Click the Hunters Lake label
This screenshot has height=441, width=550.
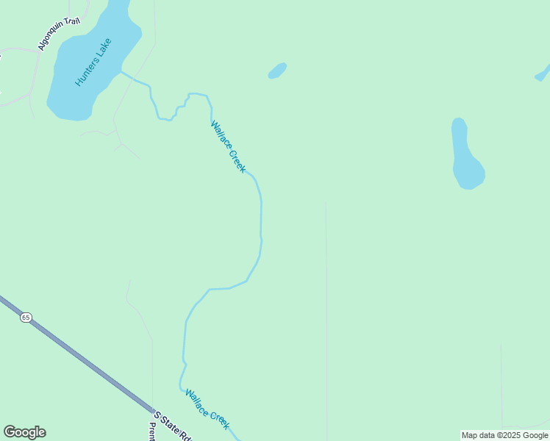pyautogui.click(x=93, y=62)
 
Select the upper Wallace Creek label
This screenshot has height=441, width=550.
pyautogui.click(x=228, y=146)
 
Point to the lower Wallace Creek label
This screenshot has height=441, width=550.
pyautogui.click(x=207, y=409)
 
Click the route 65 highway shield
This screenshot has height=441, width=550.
pyautogui.click(x=26, y=318)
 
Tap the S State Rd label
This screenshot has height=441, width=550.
pyautogui.click(x=173, y=426)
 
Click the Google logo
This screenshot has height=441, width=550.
pyautogui.click(x=24, y=432)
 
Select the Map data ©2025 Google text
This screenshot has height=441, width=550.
pyautogui.click(x=504, y=435)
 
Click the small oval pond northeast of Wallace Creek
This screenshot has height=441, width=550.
pyautogui.click(x=277, y=71)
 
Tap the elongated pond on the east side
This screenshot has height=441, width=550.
pyautogui.click(x=466, y=156)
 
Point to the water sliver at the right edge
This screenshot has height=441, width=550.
pyautogui.click(x=543, y=73)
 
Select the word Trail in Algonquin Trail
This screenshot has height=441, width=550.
pyautogui.click(x=72, y=21)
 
